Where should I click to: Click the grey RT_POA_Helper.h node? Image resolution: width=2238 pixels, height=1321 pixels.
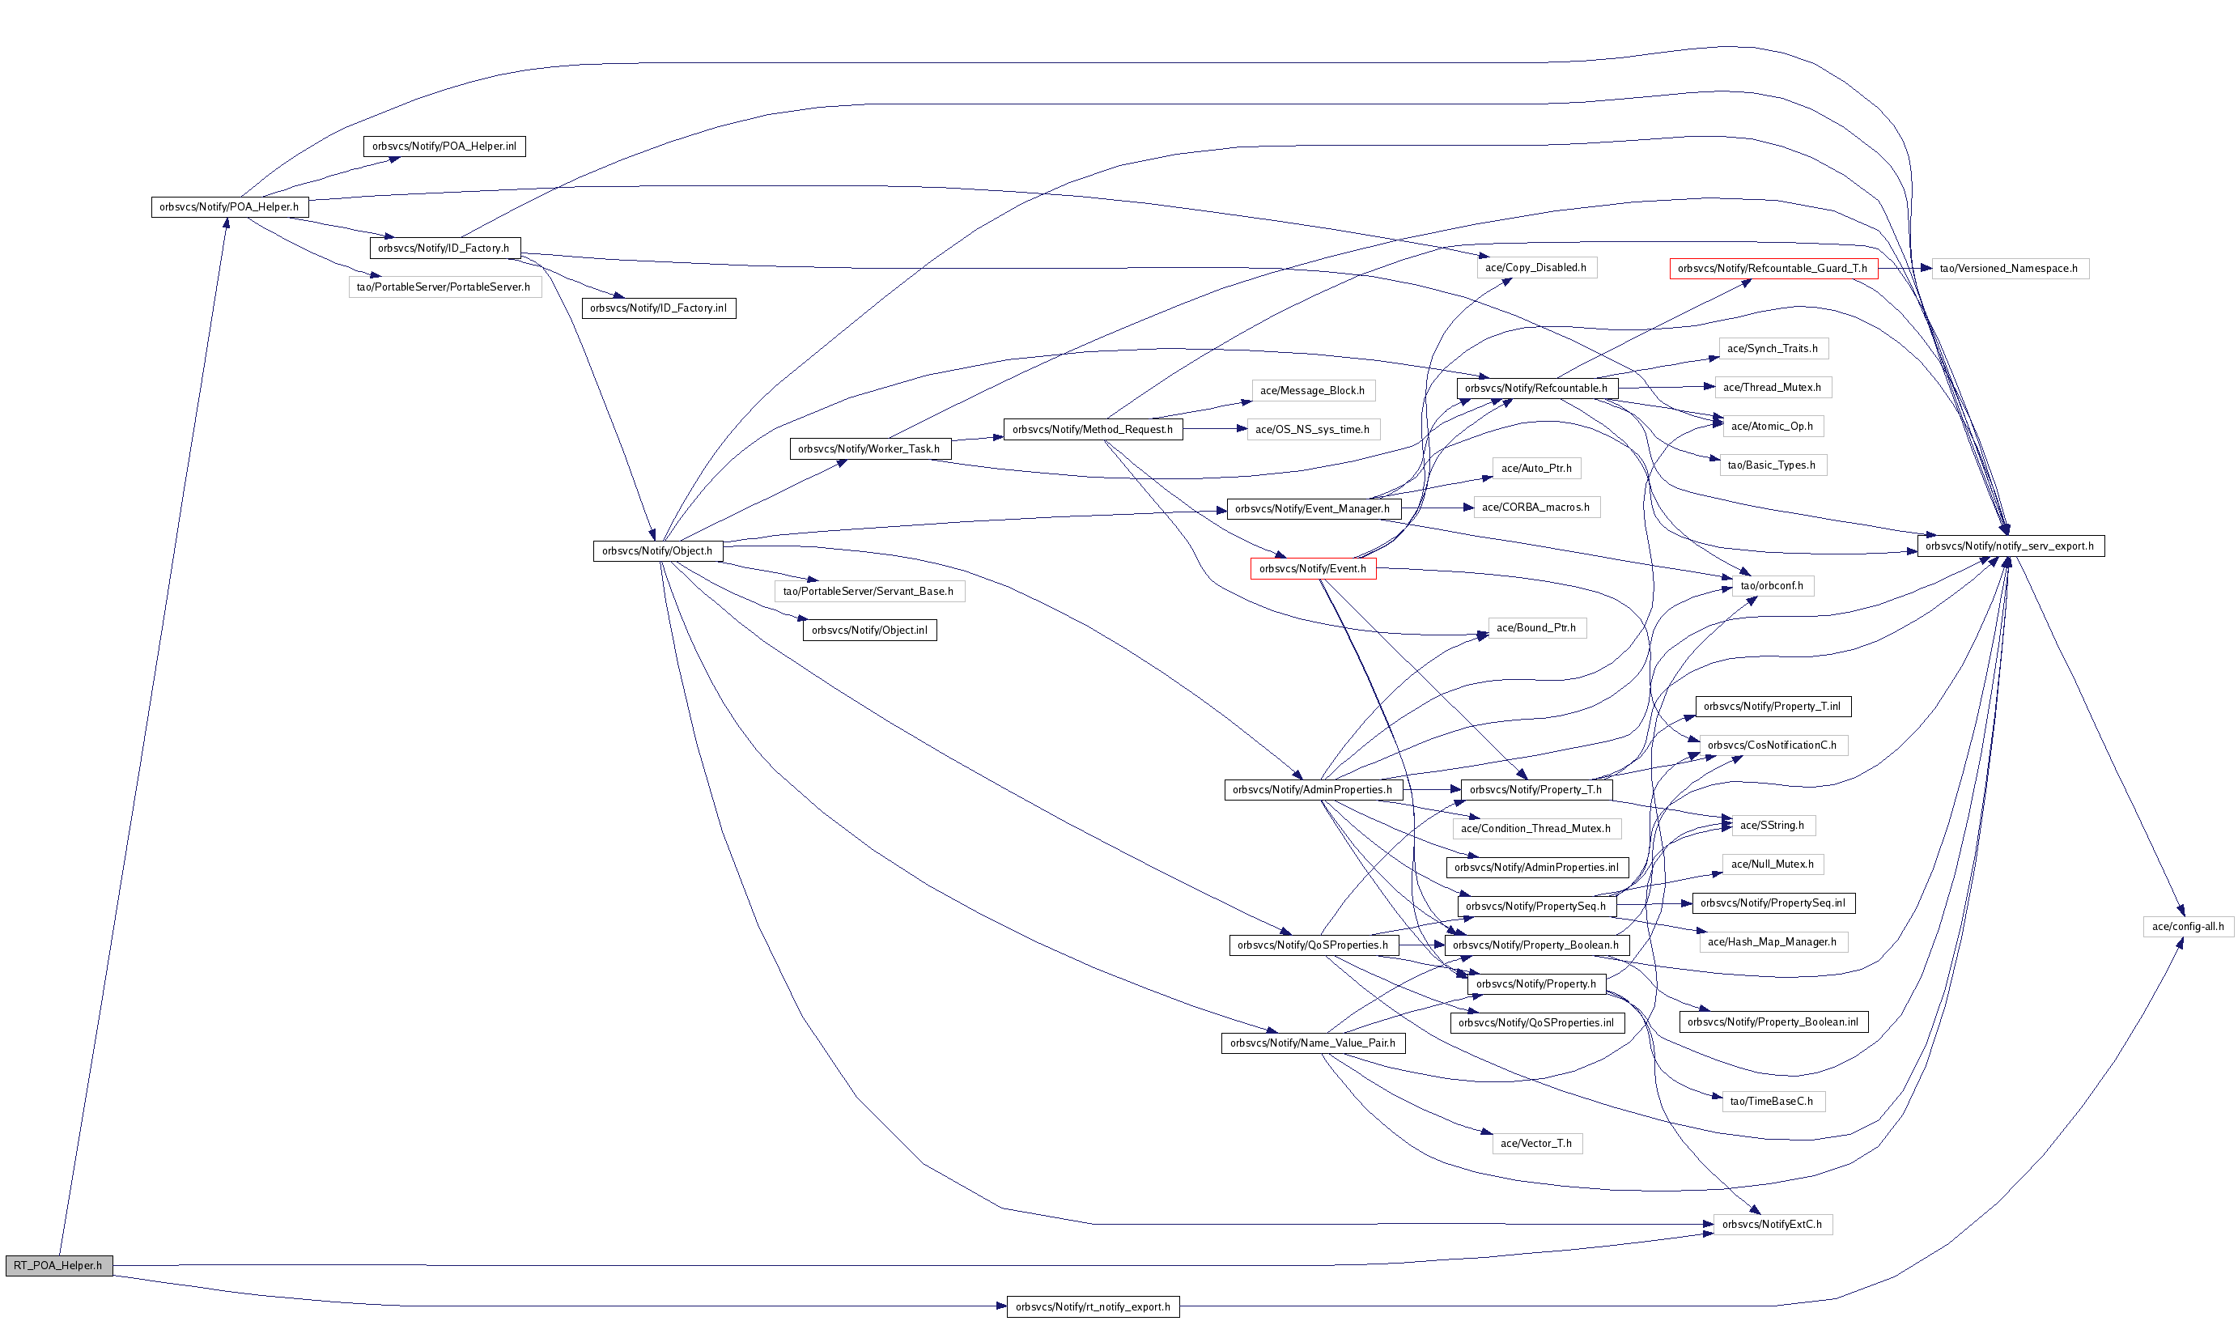(59, 1265)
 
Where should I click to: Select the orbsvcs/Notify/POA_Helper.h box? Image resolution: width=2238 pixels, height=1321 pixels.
(230, 206)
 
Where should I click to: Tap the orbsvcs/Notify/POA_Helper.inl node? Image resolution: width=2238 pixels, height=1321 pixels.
(444, 146)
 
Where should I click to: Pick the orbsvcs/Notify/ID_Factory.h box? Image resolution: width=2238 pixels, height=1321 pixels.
(444, 248)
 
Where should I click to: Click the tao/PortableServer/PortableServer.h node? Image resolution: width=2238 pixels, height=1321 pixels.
(444, 287)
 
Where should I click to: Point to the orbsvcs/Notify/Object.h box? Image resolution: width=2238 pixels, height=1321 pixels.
(657, 551)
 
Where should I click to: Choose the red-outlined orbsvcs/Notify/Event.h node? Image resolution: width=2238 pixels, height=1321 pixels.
(1313, 569)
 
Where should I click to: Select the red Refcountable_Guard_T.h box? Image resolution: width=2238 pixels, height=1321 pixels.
(1773, 268)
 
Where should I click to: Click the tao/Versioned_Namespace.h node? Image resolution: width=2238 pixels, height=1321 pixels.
(2009, 268)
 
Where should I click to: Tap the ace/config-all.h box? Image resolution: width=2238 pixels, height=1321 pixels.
(2187, 926)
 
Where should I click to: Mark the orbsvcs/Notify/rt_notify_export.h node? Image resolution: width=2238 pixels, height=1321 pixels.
(1093, 1306)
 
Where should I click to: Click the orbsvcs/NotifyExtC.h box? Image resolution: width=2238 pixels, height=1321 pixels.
(1772, 1224)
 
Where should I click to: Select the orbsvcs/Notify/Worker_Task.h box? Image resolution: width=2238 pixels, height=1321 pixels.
(869, 448)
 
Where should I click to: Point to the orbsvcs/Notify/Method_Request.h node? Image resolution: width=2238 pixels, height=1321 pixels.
(1093, 429)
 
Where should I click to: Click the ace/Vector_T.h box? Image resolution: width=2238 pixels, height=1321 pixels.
(1537, 1143)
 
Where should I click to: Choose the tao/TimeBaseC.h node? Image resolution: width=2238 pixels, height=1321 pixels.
(1772, 1101)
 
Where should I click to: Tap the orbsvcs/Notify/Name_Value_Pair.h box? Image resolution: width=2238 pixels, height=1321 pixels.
(1313, 1043)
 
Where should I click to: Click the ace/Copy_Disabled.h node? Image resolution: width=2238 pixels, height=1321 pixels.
(1536, 267)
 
